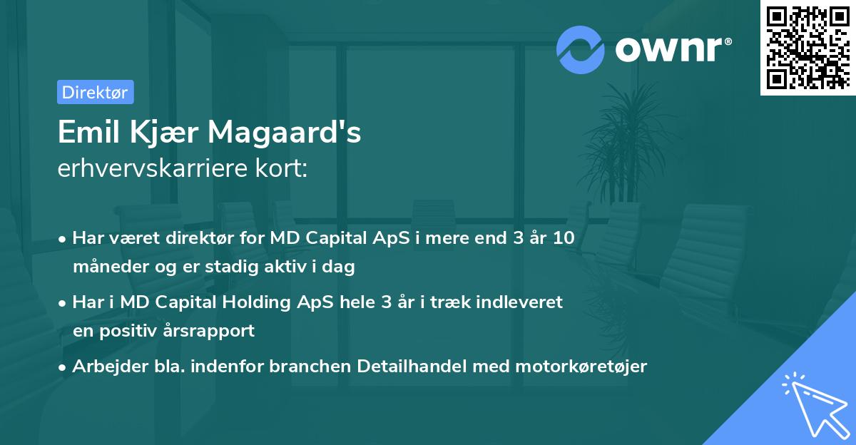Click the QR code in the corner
tap(808, 48)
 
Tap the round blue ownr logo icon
tap(581, 48)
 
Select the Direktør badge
tap(95, 92)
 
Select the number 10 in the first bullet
tap(564, 239)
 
